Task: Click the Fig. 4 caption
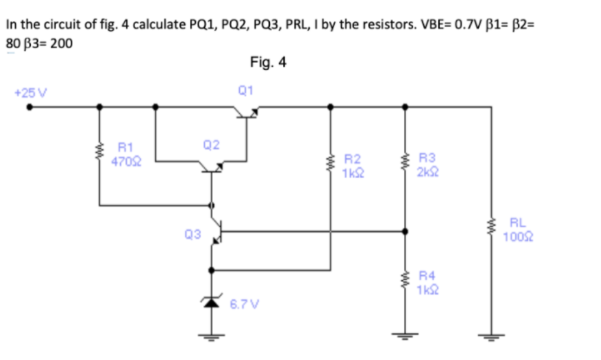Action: pos(268,62)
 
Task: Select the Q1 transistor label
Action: pos(245,90)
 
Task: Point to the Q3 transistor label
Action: pos(192,235)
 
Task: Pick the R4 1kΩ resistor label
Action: pos(426,283)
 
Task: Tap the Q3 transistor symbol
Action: pos(215,231)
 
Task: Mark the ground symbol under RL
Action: pos(490,338)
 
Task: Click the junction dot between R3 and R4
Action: pos(405,232)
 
